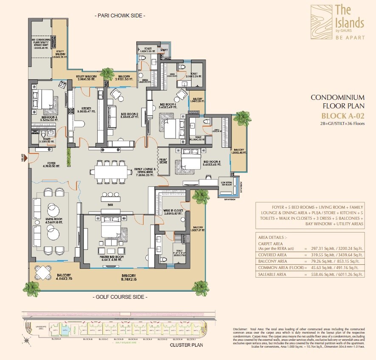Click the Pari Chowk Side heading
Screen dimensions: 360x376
tap(119, 16)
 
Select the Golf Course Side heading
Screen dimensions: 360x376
tap(119, 297)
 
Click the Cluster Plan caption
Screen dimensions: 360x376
tap(187, 345)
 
